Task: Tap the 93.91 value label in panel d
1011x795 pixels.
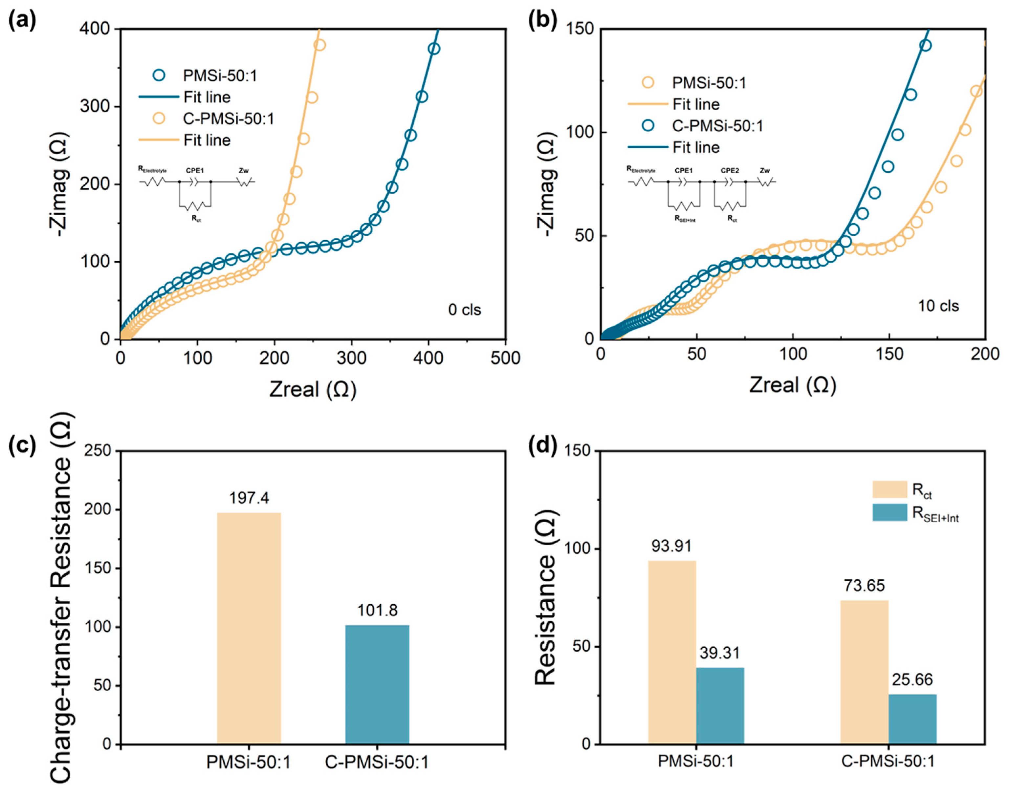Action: click(671, 546)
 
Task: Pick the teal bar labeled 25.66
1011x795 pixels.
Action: click(912, 719)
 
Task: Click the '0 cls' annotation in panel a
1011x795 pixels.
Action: click(464, 310)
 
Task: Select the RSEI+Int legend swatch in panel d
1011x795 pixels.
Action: click(890, 512)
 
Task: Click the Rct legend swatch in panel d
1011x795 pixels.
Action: click(890, 489)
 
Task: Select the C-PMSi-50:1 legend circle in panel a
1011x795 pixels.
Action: click(159, 119)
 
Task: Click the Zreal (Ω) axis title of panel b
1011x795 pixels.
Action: click(792, 385)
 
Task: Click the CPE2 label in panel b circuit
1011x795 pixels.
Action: click(729, 170)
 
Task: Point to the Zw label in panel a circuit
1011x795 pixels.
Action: click(244, 171)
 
